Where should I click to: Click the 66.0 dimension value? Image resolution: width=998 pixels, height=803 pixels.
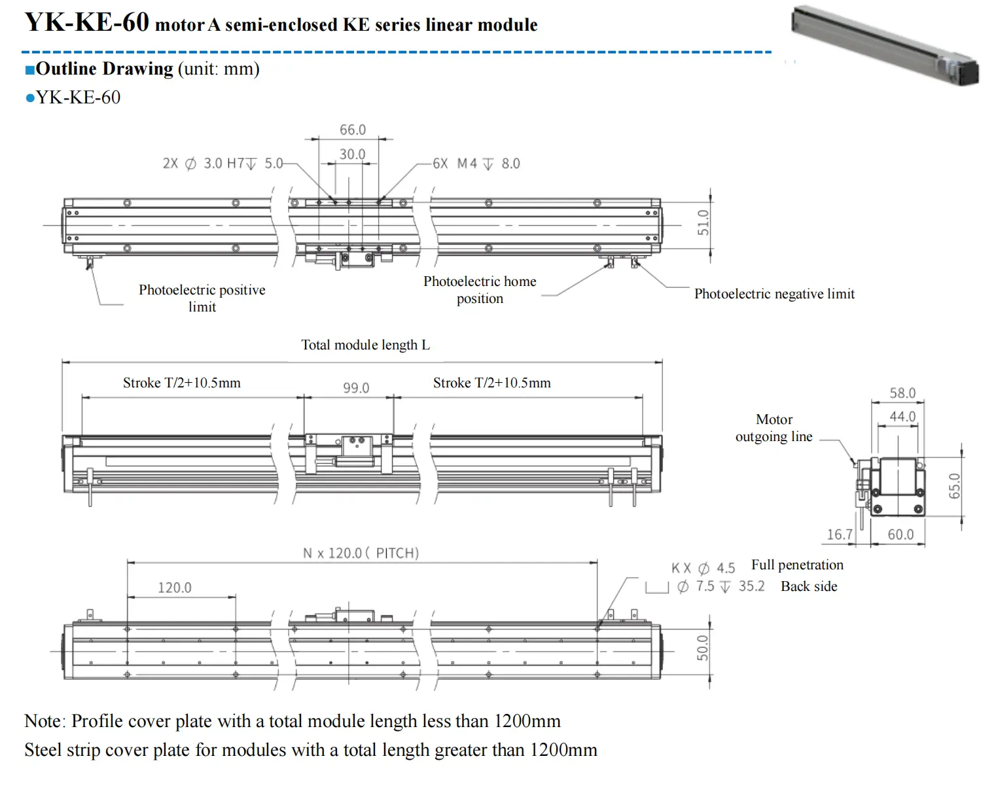352,130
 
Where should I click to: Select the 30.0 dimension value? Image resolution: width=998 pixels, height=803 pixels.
352,154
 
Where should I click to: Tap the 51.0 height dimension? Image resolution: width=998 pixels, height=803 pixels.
703,223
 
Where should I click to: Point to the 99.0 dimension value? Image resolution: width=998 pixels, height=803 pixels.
356,388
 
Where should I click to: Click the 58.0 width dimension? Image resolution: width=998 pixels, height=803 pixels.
902,393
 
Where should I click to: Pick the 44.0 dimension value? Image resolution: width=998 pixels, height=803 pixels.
902,416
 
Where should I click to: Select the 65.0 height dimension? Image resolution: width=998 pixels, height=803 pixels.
955,486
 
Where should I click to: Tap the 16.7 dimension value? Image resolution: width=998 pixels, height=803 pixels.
840,535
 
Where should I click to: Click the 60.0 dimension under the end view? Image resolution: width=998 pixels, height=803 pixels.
900,535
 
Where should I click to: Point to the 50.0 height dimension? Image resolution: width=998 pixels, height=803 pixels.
702,648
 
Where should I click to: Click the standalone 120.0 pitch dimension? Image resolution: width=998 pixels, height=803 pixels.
175,588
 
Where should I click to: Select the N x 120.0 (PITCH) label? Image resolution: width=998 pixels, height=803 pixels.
361,553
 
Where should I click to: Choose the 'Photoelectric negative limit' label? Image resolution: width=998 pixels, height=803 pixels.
774,294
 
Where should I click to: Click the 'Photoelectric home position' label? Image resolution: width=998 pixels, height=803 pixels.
480,289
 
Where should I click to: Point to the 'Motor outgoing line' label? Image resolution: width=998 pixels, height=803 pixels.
774,428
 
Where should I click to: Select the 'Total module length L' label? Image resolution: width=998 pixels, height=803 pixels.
365,345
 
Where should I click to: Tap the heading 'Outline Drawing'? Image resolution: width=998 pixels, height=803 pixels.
105,69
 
